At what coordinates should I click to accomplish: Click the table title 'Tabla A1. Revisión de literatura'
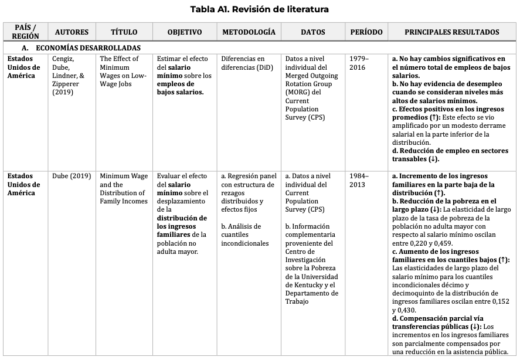(x=260, y=9)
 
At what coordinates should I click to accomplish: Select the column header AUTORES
(x=72, y=32)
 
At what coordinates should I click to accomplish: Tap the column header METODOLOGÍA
(x=249, y=32)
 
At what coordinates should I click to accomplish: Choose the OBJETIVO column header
(x=185, y=32)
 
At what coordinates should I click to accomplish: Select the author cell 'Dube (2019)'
(x=72, y=176)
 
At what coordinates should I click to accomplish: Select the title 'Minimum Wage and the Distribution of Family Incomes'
(x=124, y=189)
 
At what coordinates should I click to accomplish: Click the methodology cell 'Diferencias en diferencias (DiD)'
(x=243, y=63)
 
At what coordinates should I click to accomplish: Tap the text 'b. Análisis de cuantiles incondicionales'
(x=244, y=235)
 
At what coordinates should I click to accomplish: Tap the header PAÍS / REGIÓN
(x=25, y=32)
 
